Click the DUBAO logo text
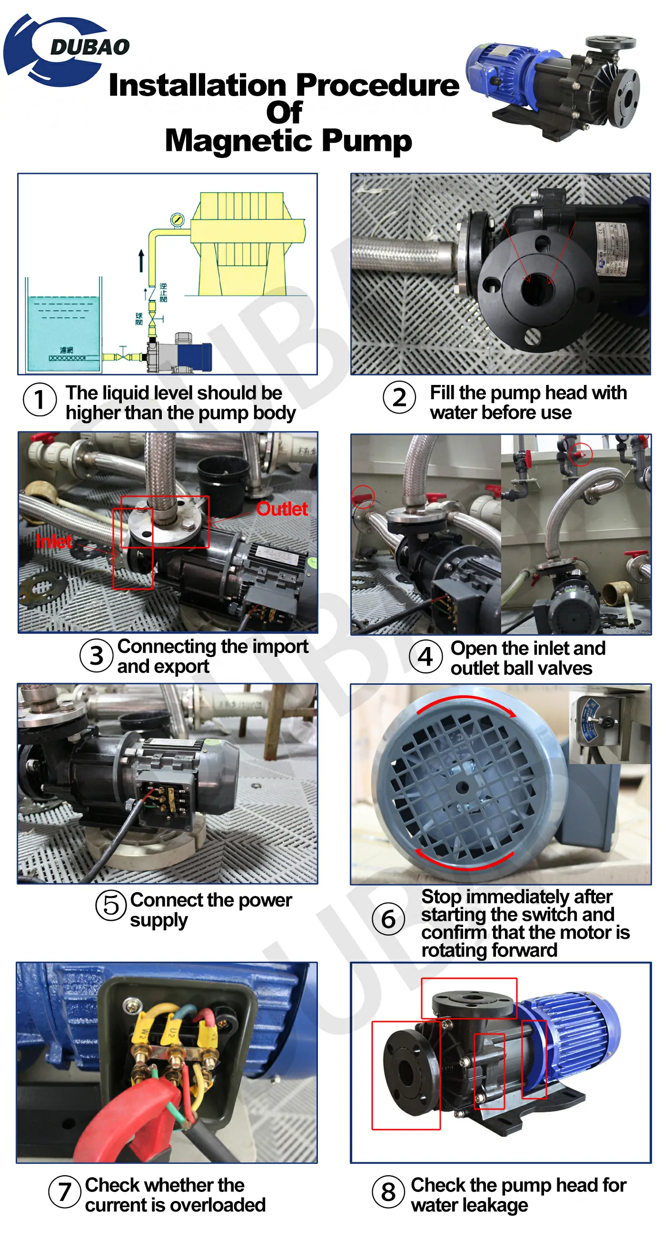tap(89, 47)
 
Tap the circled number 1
tap(40, 399)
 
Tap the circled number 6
tap(388, 918)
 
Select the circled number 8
tap(388, 1191)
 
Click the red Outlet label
tap(281, 509)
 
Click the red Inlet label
tap(53, 541)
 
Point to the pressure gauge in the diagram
tap(178, 219)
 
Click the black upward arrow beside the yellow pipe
tap(141, 260)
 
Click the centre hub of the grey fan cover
tap(462, 787)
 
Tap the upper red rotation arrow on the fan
tap(466, 703)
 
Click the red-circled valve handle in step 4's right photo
tap(581, 454)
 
